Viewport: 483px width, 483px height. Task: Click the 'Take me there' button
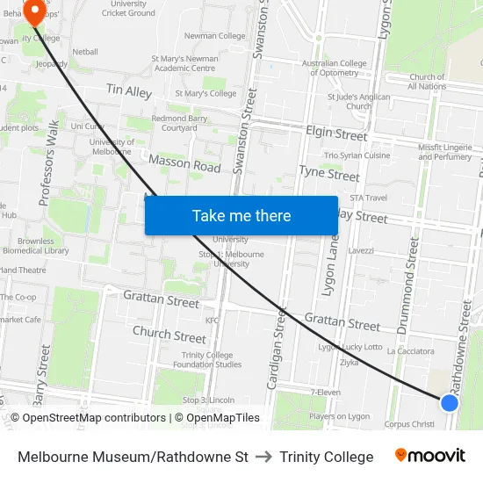click(x=241, y=215)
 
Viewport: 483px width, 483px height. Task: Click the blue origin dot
click(x=449, y=402)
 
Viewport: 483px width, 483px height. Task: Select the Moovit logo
click(x=429, y=456)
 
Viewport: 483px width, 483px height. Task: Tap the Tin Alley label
click(x=129, y=91)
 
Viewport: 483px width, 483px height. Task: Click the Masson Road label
click(x=184, y=164)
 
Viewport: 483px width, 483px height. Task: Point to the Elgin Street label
click(x=336, y=134)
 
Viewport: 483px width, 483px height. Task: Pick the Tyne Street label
click(x=330, y=172)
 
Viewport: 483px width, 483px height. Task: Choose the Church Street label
click(x=169, y=335)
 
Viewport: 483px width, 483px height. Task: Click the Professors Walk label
click(x=50, y=163)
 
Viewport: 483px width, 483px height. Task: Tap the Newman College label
click(x=215, y=36)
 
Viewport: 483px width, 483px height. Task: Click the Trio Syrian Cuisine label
click(x=357, y=155)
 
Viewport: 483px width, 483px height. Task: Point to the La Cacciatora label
click(x=411, y=350)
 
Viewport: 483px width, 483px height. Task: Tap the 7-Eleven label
click(x=325, y=392)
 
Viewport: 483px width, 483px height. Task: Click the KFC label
click(x=212, y=321)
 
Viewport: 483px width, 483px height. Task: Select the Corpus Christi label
click(x=409, y=423)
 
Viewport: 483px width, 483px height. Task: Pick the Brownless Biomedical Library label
click(x=42, y=245)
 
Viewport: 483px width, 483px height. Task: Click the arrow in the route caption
click(x=264, y=457)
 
